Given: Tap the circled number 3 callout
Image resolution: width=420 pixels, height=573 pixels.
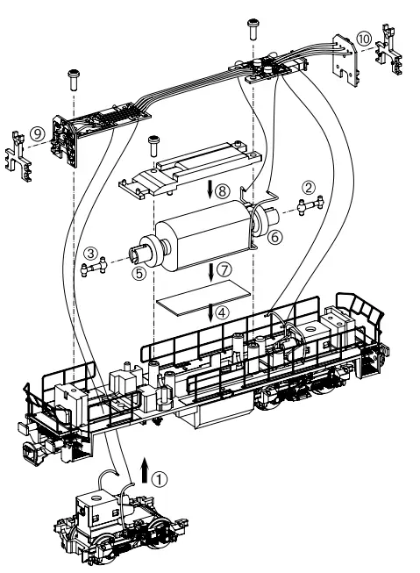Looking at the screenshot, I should point(90,254).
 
